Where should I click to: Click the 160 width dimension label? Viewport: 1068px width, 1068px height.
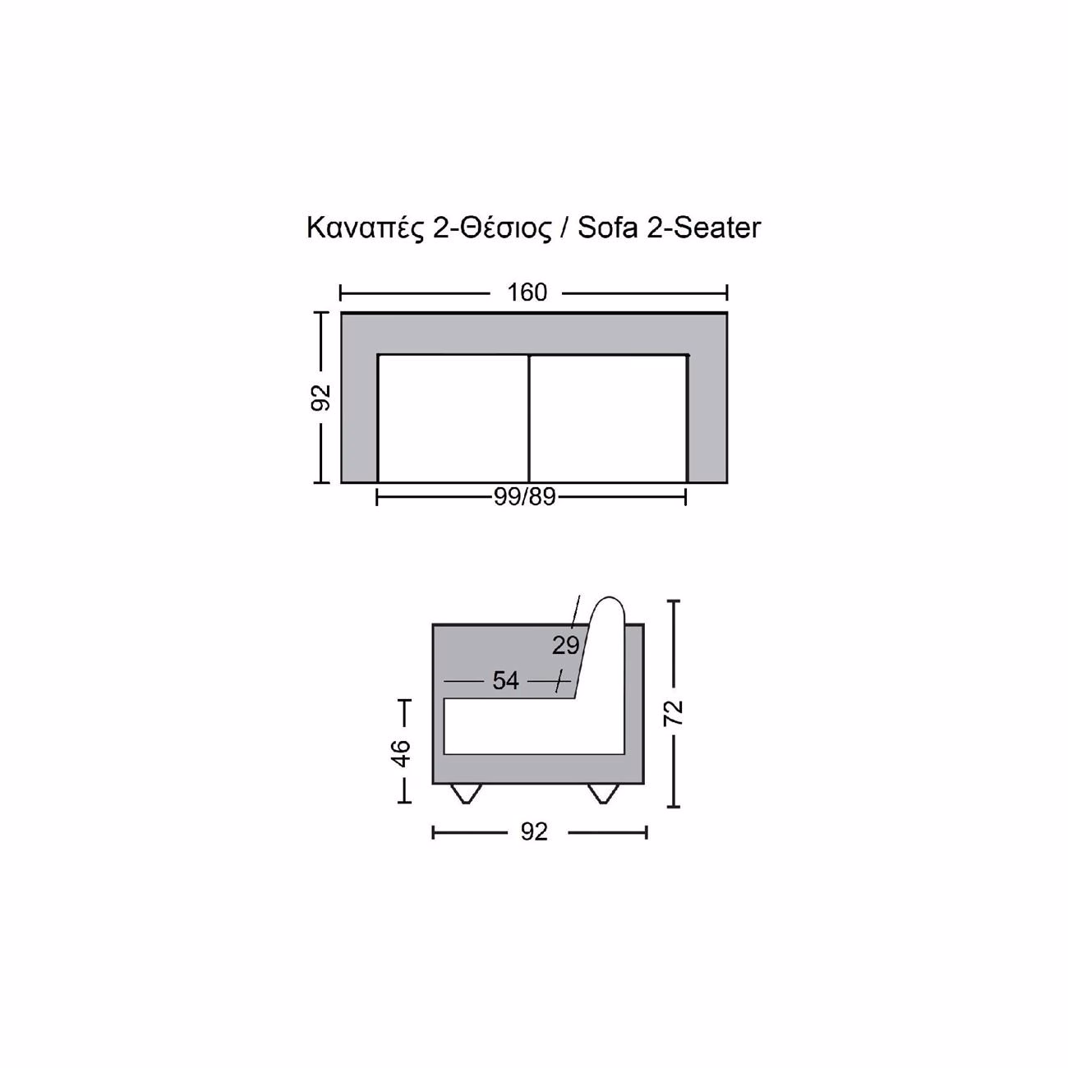pos(527,292)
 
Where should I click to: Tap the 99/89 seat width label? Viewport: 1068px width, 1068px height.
pos(524,496)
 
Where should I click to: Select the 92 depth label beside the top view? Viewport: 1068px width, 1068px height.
pos(320,397)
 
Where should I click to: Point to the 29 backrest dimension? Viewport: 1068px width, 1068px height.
pos(565,645)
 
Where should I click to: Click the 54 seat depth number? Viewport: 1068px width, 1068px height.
pos(505,680)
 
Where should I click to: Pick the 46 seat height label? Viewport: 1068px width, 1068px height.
pos(402,753)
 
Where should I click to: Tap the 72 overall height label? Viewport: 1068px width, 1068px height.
pos(674,713)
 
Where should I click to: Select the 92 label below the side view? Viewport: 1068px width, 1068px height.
pos(534,832)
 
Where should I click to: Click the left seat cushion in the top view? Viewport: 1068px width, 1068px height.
pos(453,418)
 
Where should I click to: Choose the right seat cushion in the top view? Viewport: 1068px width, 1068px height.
pos(609,418)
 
